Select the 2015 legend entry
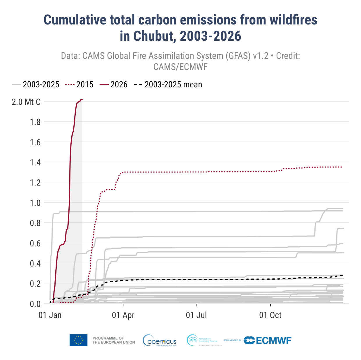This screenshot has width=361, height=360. (x=85, y=85)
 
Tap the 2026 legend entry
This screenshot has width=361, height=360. (x=119, y=85)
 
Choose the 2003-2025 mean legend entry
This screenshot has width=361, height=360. (x=173, y=85)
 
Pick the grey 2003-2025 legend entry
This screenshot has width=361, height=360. (x=41, y=85)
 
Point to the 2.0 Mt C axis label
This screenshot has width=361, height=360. (x=26, y=102)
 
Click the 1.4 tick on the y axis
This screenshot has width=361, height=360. (x=35, y=163)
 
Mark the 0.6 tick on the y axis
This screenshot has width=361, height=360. (x=35, y=243)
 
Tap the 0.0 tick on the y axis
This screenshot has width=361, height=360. (x=35, y=304)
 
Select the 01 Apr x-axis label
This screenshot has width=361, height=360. (x=123, y=315)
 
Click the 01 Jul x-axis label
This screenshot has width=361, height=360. (x=196, y=315)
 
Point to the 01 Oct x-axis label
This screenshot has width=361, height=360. (x=270, y=315)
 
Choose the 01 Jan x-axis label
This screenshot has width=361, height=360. (x=50, y=315)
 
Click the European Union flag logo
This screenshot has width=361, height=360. (x=78, y=340)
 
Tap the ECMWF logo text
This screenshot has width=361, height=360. (x=274, y=340)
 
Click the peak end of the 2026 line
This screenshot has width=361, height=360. (x=82, y=100)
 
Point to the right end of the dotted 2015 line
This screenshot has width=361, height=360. (x=341, y=167)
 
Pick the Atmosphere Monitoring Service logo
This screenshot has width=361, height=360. (x=204, y=340)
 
